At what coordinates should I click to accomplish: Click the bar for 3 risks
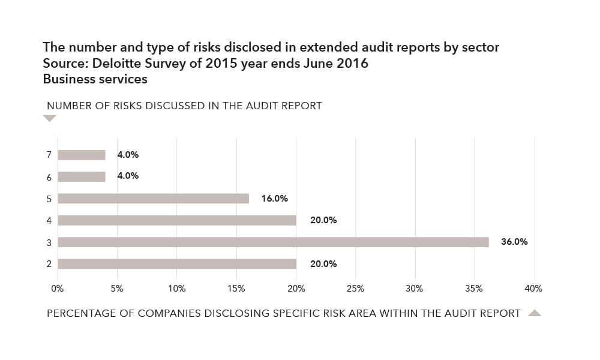pyautogui.click(x=273, y=242)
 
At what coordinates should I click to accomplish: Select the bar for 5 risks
pyautogui.click(x=153, y=199)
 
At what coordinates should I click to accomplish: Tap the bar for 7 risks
pyautogui.click(x=82, y=155)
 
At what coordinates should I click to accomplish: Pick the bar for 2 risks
pyautogui.click(x=177, y=264)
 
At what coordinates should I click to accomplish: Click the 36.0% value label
pyautogui.click(x=514, y=242)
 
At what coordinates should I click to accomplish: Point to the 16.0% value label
pyautogui.click(x=275, y=198)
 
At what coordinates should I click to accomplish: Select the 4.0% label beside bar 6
pyautogui.click(x=128, y=176)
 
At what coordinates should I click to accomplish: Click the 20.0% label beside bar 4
pyautogui.click(x=323, y=220)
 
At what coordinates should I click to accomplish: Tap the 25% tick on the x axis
pyautogui.click(x=355, y=289)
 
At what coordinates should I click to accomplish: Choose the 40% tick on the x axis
pyautogui.click(x=533, y=289)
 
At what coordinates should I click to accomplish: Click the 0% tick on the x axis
pyautogui.click(x=58, y=289)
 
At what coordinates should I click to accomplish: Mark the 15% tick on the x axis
pyautogui.click(x=236, y=289)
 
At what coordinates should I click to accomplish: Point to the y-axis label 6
pyautogui.click(x=49, y=177)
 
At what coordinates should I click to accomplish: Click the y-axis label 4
pyautogui.click(x=49, y=221)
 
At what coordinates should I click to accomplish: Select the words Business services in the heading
pyautogui.click(x=95, y=79)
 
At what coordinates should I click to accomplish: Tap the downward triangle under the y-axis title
pyautogui.click(x=50, y=119)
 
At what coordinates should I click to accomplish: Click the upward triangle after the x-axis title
pyautogui.click(x=534, y=313)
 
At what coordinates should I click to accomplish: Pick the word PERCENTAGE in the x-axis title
pyautogui.click(x=78, y=313)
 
